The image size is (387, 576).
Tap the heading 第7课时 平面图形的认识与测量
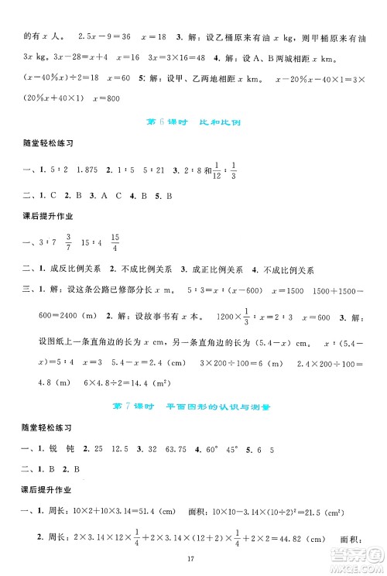point(193,405)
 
